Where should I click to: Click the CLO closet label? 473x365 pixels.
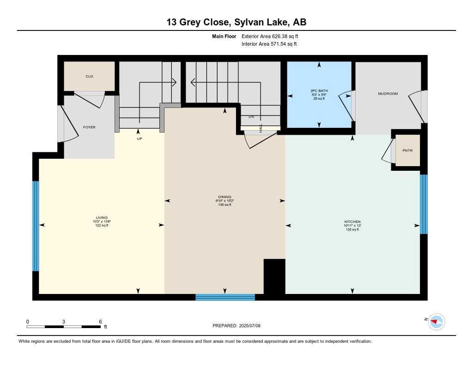[89, 76]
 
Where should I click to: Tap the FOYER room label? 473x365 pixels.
[89, 127]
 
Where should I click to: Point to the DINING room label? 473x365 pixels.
[225, 197]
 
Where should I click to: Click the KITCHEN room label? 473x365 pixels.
[352, 222]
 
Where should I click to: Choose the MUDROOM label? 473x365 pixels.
[388, 94]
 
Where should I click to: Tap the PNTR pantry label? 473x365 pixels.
[407, 150]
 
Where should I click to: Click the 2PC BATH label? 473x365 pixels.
[319, 91]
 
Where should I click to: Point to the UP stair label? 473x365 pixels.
[139, 138]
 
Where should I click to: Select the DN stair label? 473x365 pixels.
[251, 117]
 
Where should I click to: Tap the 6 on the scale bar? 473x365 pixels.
[100, 322]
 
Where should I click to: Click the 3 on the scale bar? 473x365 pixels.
[63, 322]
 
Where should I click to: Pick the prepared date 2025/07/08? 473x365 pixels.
[254, 326]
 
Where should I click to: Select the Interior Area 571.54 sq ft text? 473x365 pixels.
[269, 44]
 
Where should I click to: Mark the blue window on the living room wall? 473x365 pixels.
[36, 226]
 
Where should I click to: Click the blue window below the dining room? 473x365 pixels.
[225, 297]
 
